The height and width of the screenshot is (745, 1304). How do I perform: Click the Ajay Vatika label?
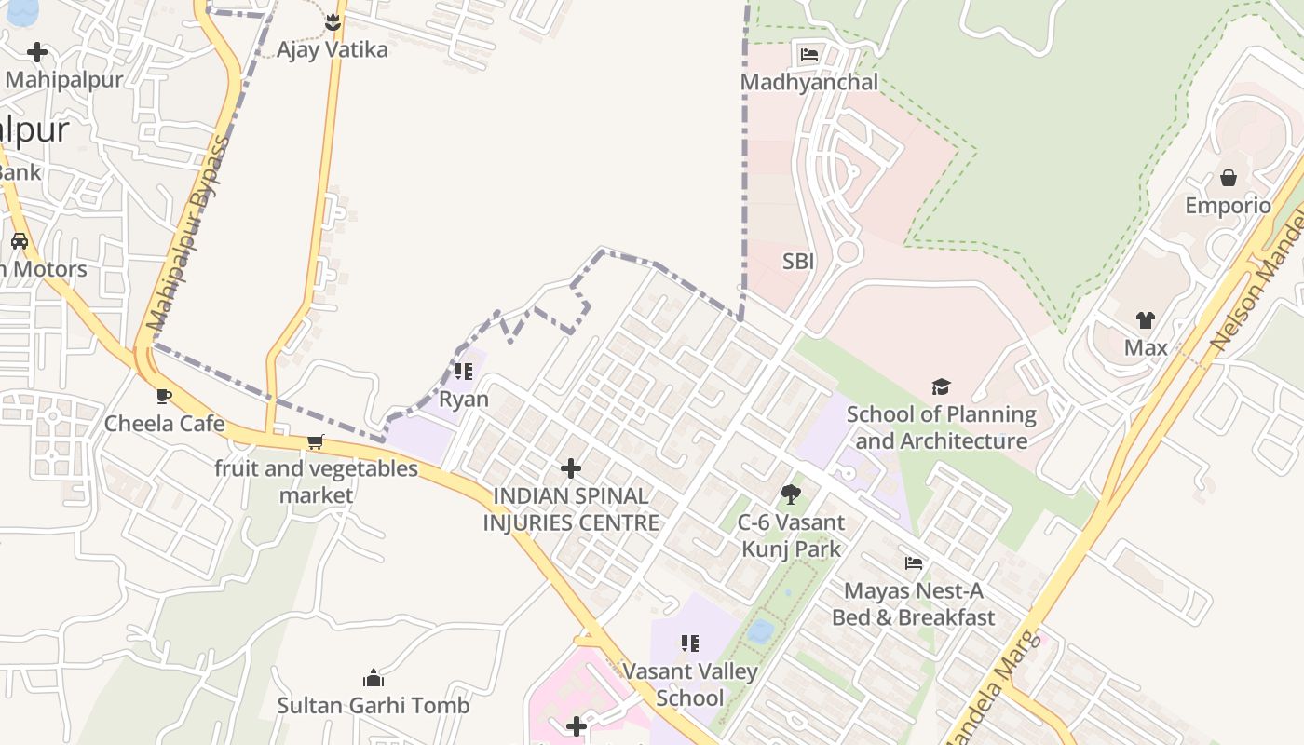click(x=332, y=49)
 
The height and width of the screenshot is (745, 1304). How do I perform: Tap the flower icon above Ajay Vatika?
click(x=333, y=21)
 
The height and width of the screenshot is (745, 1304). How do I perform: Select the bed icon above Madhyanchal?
click(x=809, y=54)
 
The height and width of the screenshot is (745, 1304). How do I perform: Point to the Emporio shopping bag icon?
click(x=1229, y=178)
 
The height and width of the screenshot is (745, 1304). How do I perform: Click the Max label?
click(x=1145, y=347)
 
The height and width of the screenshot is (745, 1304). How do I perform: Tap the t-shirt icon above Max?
click(x=1145, y=320)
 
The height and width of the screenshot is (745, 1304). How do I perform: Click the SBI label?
click(x=798, y=262)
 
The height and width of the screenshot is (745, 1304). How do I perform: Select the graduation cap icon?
click(x=941, y=386)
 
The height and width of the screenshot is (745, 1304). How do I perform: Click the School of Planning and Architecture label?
click(x=941, y=427)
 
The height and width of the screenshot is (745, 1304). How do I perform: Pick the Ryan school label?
click(x=463, y=400)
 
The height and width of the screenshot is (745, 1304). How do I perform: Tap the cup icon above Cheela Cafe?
click(x=164, y=397)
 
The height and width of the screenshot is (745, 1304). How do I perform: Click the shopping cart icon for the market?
click(x=316, y=441)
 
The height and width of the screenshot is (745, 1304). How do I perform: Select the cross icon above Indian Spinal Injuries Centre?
click(x=571, y=468)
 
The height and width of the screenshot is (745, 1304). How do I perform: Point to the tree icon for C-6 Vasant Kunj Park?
click(x=791, y=494)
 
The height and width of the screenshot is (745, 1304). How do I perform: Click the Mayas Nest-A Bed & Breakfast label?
click(x=913, y=603)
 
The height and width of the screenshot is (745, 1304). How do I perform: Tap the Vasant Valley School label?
click(x=689, y=684)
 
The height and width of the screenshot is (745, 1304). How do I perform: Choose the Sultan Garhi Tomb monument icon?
click(x=374, y=678)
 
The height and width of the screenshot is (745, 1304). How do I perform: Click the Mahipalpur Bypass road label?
click(x=187, y=237)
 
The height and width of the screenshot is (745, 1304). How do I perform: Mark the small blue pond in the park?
click(x=760, y=630)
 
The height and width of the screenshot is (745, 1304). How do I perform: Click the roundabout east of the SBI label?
click(x=847, y=251)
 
